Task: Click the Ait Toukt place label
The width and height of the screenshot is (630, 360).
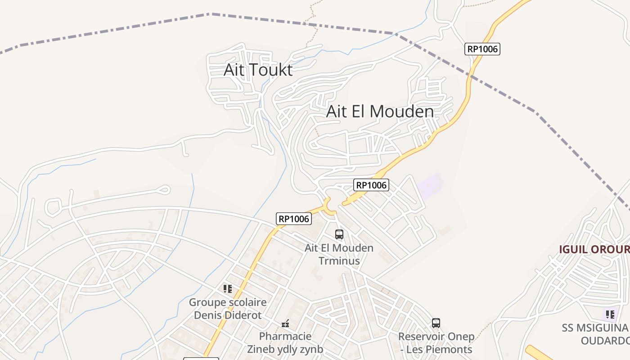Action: [x=258, y=70]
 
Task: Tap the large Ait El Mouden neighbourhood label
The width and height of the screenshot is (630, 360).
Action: [x=380, y=112]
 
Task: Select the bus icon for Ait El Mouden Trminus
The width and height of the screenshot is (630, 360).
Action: [x=339, y=234]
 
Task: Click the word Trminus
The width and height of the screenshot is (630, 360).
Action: [x=339, y=261]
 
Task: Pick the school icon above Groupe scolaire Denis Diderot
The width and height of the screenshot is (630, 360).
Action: [x=228, y=289]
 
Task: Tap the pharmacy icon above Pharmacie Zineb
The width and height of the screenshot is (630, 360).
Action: [x=285, y=323]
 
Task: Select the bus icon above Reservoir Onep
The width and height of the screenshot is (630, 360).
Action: [x=436, y=323]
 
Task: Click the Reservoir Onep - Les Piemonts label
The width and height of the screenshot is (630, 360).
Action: [x=436, y=343]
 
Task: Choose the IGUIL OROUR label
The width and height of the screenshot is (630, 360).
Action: [x=594, y=249]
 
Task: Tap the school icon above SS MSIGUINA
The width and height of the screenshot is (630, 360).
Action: [x=610, y=314]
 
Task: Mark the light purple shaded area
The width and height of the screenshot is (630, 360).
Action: [x=430, y=185]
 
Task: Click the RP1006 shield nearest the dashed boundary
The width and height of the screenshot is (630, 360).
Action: [x=482, y=49]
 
